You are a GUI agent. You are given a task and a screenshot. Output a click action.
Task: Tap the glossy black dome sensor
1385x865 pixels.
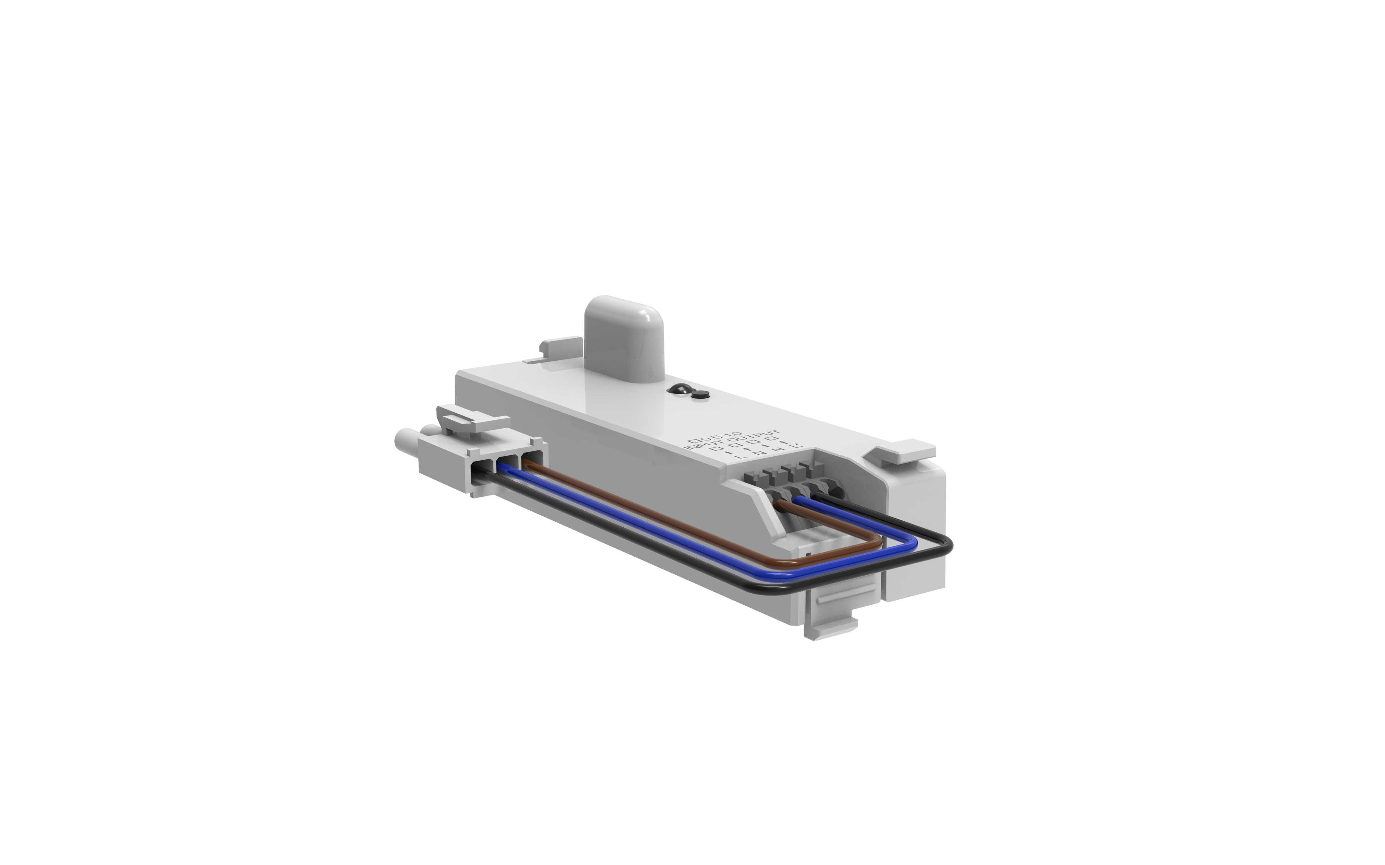tap(679, 390)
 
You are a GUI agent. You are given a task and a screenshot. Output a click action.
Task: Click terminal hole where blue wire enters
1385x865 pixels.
tap(804, 493)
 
